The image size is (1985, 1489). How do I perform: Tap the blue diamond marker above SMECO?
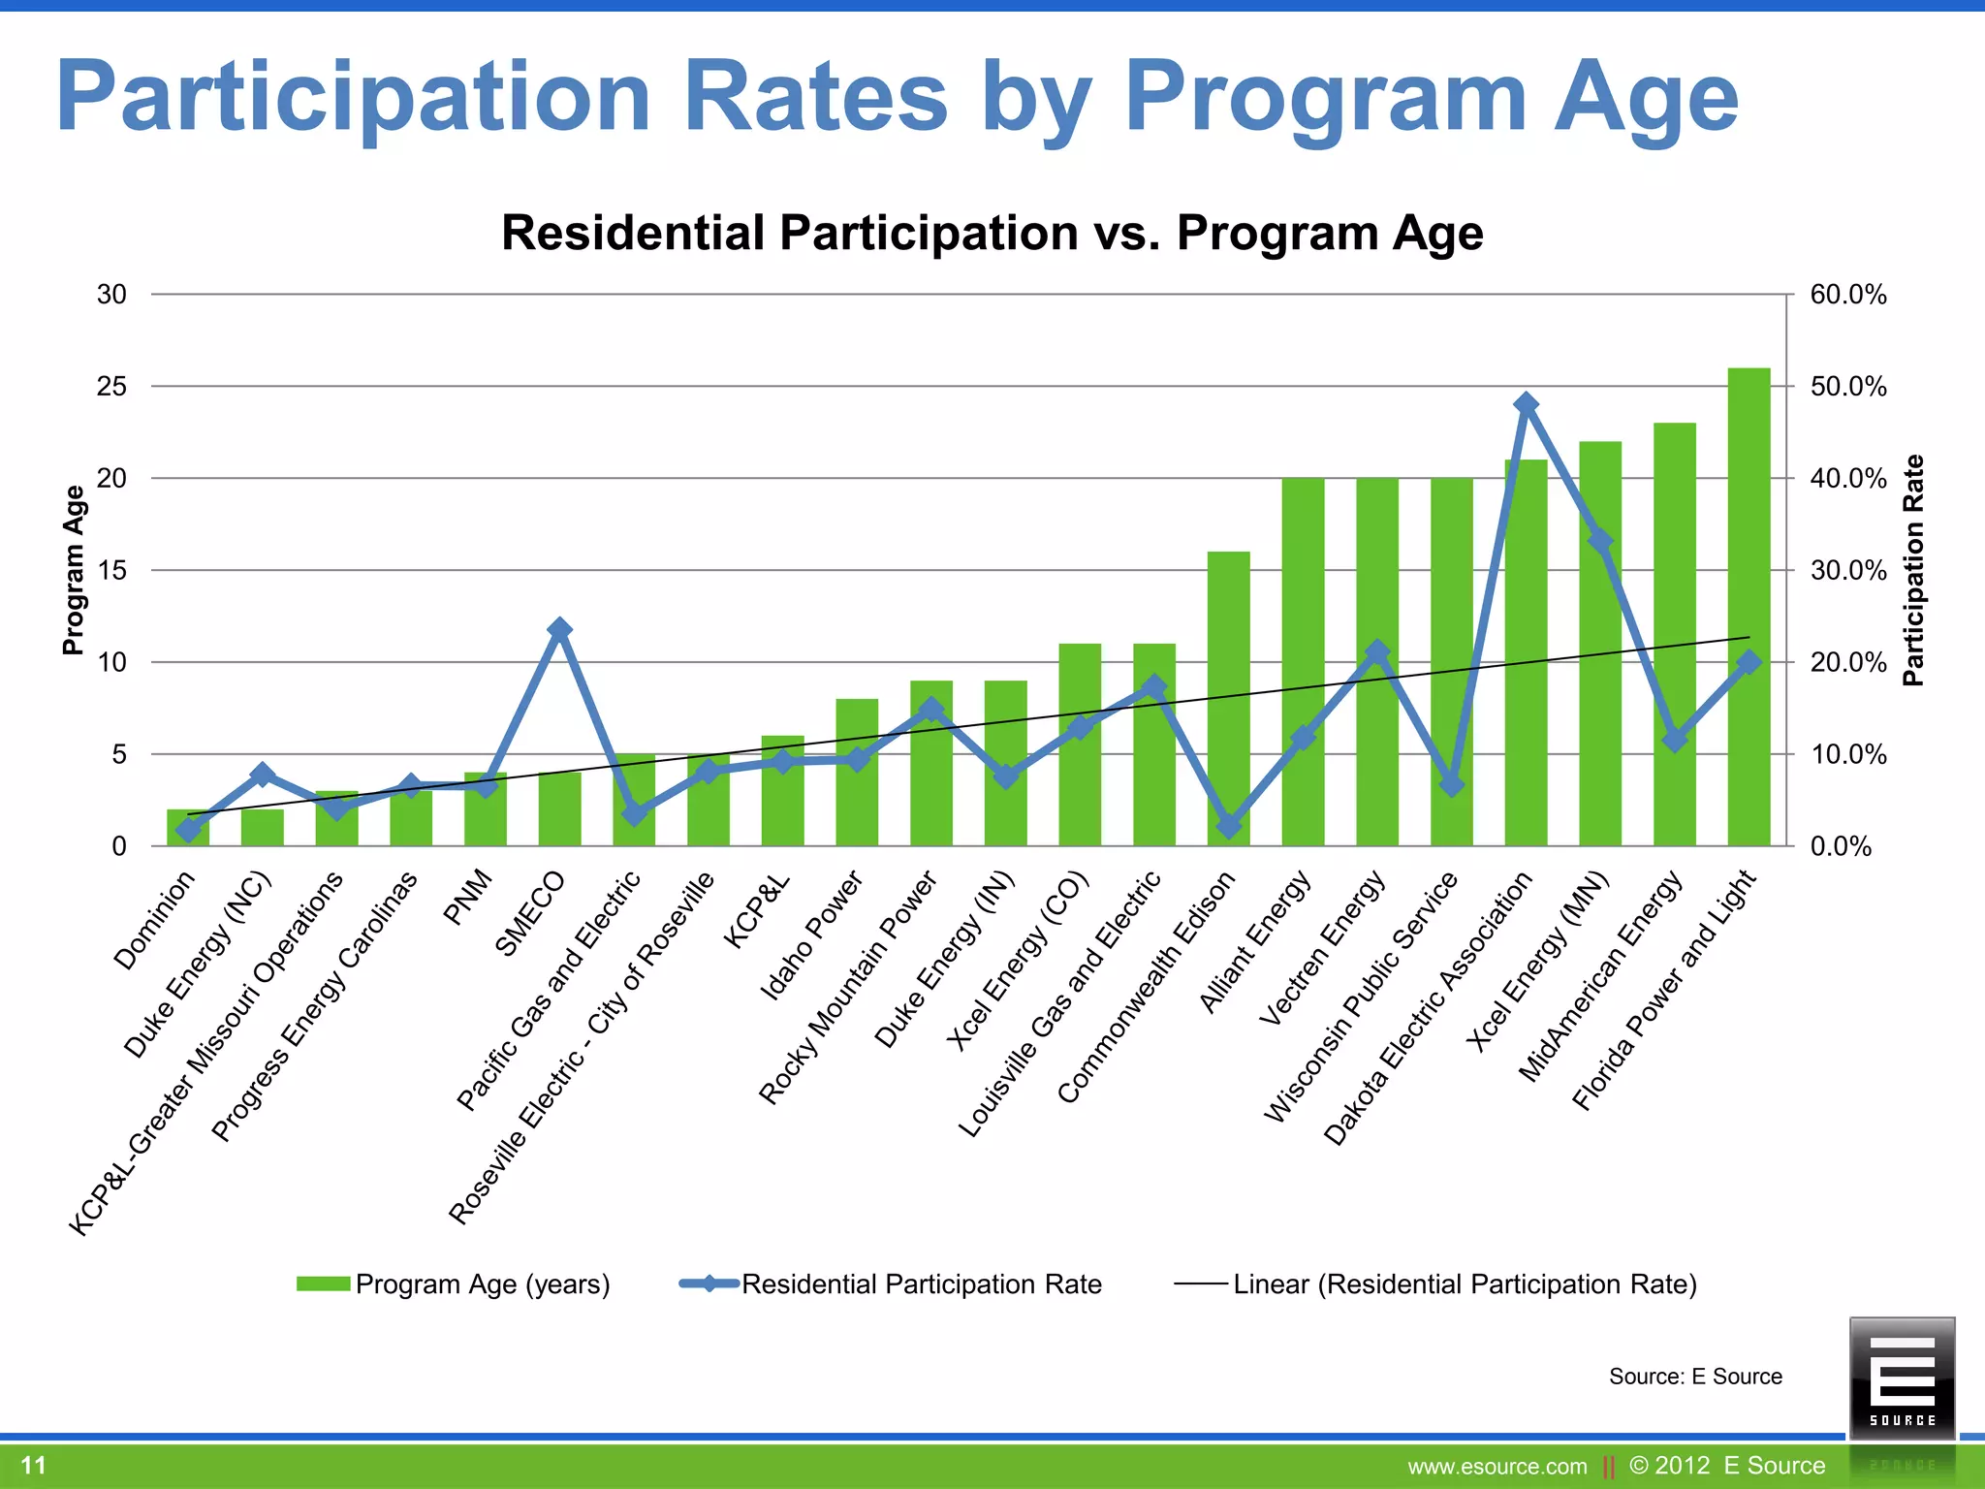(x=559, y=629)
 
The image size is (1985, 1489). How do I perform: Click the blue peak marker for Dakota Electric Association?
(x=1526, y=403)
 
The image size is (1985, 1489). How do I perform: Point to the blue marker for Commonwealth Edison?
(x=1229, y=825)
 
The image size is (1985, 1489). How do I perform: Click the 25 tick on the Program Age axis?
(x=112, y=387)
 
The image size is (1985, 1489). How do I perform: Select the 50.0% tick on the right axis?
(x=1847, y=387)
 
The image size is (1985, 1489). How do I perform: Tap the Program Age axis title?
(x=74, y=570)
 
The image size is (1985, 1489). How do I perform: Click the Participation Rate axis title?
(x=1912, y=570)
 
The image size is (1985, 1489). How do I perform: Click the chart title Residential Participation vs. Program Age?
(x=992, y=234)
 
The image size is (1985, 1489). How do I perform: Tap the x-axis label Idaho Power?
(x=812, y=935)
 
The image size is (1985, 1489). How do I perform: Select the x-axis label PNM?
(x=468, y=899)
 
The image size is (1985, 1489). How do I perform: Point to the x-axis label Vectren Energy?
(x=1323, y=947)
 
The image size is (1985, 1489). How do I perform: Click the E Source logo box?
(x=1902, y=1378)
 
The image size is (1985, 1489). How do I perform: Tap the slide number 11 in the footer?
(x=34, y=1465)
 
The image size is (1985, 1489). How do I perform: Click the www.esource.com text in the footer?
(x=1497, y=1467)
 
